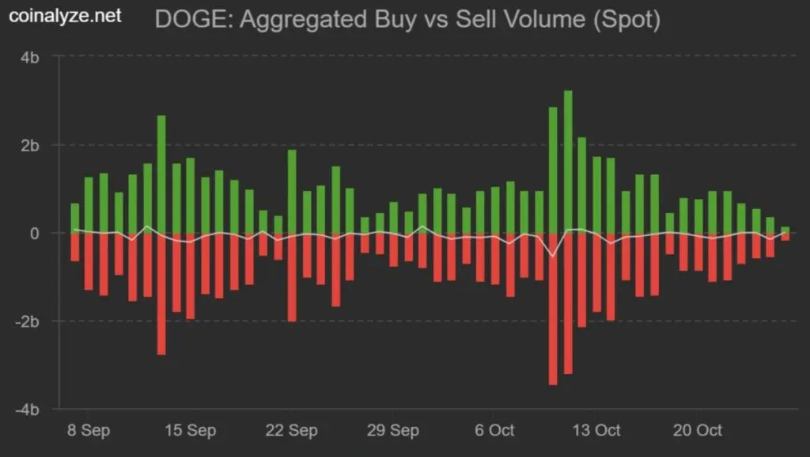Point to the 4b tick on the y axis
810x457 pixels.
pyautogui.click(x=32, y=57)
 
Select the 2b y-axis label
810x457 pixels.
pyautogui.click(x=32, y=145)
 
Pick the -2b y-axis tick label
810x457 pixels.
pyautogui.click(x=29, y=322)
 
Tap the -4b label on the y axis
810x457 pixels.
pyautogui.click(x=29, y=409)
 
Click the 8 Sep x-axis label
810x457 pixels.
pyautogui.click(x=89, y=430)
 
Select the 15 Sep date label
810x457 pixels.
pyautogui.click(x=190, y=430)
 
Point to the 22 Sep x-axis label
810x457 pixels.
pyautogui.click(x=291, y=430)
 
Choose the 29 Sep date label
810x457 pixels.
pyautogui.click(x=392, y=430)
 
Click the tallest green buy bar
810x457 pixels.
pyautogui.click(x=568, y=162)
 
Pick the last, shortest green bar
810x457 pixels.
pyautogui.click(x=785, y=230)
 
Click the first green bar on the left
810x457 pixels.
pyautogui.click(x=75, y=218)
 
